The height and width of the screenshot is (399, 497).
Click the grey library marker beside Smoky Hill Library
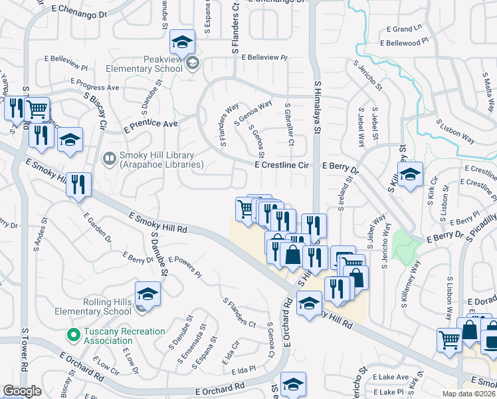(x=108, y=159)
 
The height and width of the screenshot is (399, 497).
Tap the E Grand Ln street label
(x=404, y=29)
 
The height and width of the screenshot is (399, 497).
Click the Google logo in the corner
(x=22, y=390)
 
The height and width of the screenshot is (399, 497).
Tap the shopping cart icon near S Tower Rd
(x=38, y=108)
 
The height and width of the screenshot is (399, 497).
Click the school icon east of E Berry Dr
(x=411, y=174)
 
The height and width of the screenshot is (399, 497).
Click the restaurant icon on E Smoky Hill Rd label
(x=78, y=184)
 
